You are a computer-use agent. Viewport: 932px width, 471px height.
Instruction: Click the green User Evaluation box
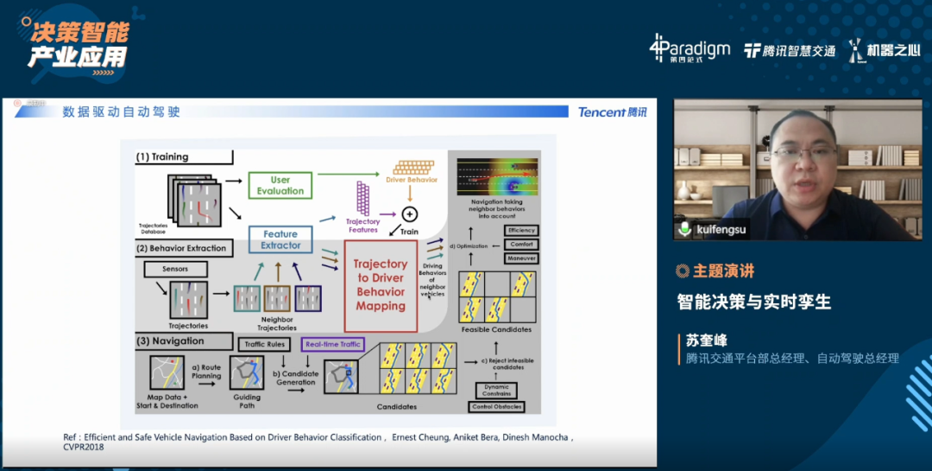point(280,185)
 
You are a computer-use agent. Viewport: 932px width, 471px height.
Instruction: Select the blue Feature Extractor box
point(280,239)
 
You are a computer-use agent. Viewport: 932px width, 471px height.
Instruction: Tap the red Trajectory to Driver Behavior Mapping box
point(381,284)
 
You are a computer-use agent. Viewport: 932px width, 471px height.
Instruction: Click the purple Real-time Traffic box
point(332,344)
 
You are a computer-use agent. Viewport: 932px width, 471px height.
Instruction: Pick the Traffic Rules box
point(265,344)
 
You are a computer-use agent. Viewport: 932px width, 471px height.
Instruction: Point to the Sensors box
point(175,269)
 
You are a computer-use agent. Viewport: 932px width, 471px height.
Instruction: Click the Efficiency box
point(521,231)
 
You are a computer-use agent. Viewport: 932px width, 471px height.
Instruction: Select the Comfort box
point(521,245)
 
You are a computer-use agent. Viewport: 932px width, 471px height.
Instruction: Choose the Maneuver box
point(521,258)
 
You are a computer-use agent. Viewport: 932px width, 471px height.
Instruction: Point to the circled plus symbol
point(410,213)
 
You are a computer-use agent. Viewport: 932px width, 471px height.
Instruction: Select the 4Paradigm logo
point(690,49)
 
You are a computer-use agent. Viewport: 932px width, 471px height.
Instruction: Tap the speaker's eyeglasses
point(803,152)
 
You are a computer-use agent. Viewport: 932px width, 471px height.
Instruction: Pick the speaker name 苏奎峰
point(701,341)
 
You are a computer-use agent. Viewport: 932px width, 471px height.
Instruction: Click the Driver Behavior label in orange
point(412,180)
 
